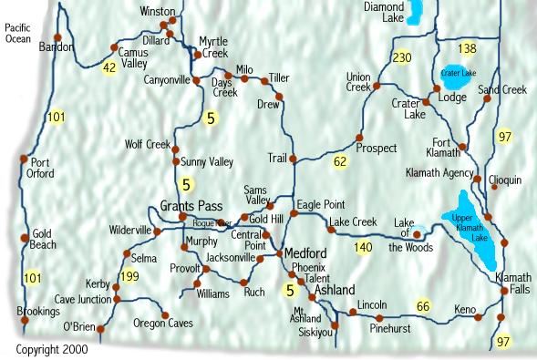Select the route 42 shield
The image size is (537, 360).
click(109, 67)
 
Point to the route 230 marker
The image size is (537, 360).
click(401, 58)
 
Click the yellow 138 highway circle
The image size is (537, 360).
click(468, 48)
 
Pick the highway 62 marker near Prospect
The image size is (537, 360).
click(341, 161)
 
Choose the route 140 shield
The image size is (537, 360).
click(364, 247)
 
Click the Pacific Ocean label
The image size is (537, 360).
click(18, 34)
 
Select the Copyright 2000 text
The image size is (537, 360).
click(52, 349)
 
